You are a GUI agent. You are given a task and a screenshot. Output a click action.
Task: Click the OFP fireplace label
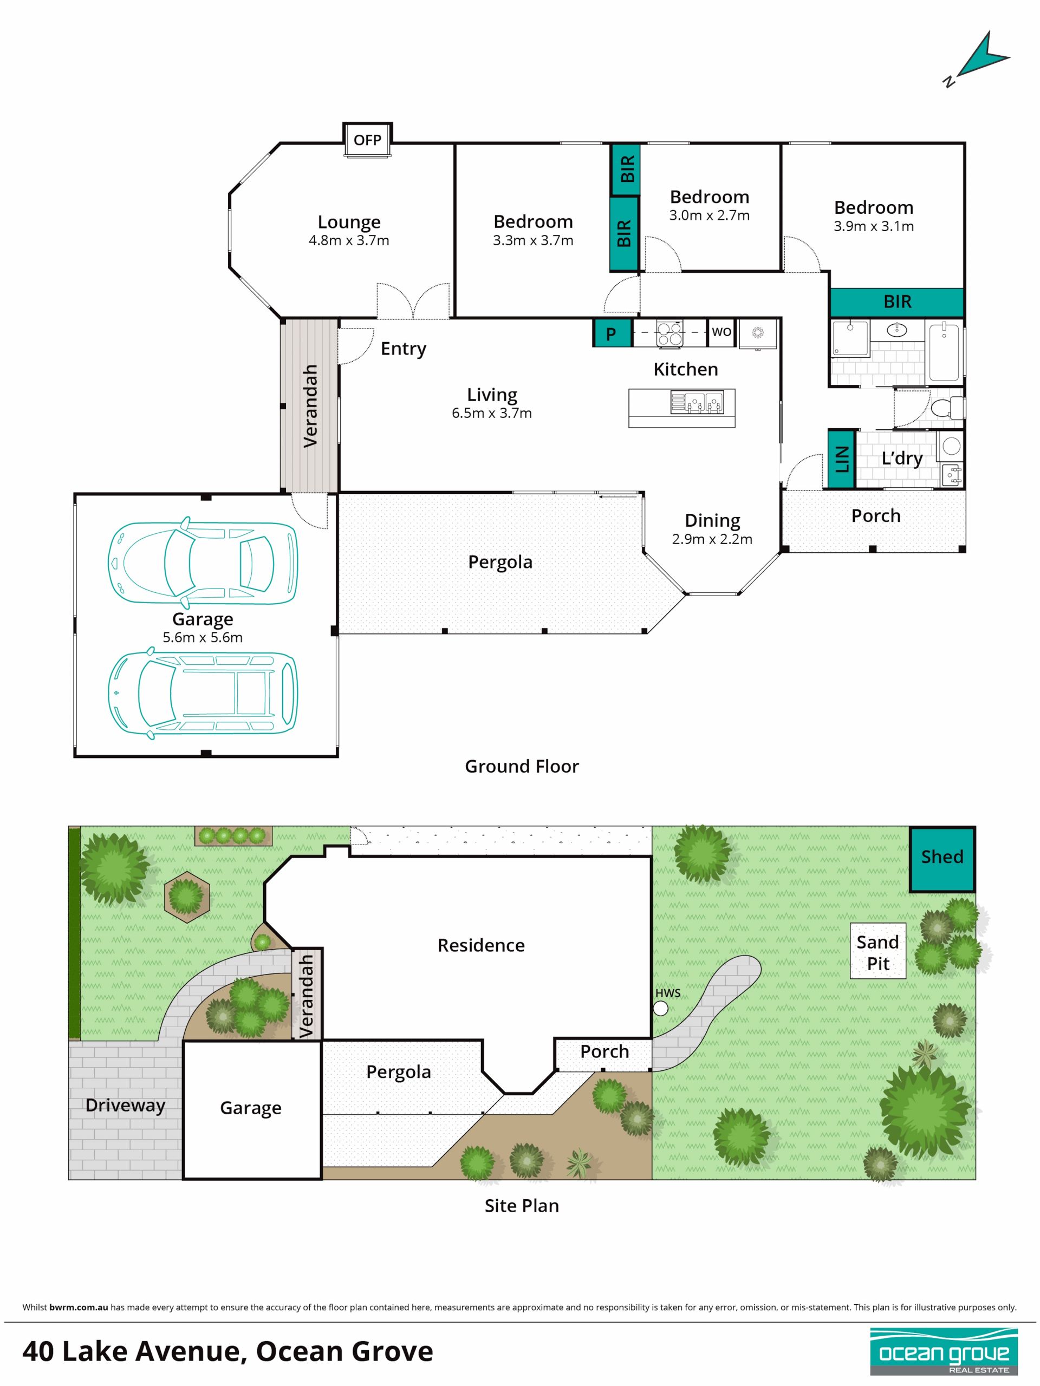367,140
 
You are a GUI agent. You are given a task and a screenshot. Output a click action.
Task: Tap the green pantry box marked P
610,334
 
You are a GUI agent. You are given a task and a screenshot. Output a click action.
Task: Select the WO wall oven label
721,331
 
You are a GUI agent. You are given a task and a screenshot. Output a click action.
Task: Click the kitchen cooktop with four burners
669,333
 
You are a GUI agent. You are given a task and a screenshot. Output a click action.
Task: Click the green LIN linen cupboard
841,458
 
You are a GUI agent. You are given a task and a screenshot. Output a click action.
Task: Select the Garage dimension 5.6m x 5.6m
203,637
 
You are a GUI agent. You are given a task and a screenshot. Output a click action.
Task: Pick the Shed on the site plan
942,860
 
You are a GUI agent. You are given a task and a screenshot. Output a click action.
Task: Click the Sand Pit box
877,951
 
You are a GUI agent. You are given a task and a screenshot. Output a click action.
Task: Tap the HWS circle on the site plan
660,1008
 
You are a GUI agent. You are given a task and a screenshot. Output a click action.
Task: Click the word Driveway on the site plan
125,1106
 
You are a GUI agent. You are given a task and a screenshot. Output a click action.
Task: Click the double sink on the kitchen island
697,402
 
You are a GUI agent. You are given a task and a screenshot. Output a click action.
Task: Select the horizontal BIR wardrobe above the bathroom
897,302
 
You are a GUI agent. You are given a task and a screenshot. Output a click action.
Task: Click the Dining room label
712,521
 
